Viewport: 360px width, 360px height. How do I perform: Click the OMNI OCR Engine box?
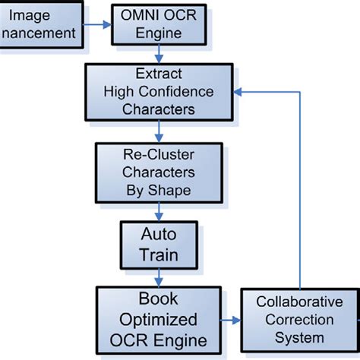[157, 25]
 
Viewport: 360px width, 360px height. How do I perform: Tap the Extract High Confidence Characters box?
[159, 91]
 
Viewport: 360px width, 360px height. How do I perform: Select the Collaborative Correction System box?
[299, 320]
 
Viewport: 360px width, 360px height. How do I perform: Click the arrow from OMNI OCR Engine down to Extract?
[159, 52]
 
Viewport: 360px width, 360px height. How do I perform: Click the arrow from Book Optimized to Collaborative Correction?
[231, 318]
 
